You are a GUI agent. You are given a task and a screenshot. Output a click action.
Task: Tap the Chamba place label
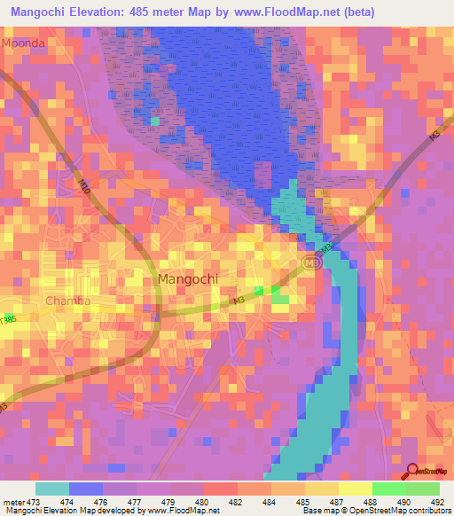[68, 301]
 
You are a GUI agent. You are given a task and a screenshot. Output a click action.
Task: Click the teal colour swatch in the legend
[52, 489]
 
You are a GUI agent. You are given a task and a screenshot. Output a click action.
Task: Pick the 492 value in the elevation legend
[438, 501]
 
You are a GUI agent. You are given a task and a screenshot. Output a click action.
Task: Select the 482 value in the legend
[237, 501]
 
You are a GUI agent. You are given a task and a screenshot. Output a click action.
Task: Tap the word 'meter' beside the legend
[13, 501]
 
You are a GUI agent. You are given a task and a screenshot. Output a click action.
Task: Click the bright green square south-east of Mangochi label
[260, 290]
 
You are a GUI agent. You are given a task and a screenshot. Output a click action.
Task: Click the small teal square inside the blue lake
[155, 121]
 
